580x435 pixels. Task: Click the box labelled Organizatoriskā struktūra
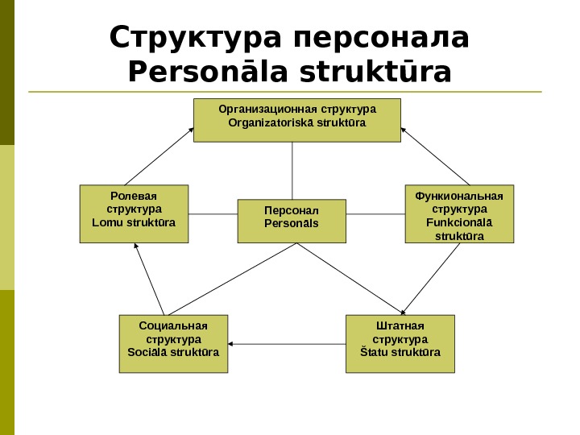click(296, 120)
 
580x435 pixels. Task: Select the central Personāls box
click(292, 221)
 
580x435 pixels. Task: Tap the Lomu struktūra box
click(134, 213)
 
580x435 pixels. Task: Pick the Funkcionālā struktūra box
click(458, 213)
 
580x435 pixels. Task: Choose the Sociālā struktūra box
click(173, 344)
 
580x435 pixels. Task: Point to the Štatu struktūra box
click(400, 344)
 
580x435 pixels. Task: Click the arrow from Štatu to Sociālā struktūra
click(287, 345)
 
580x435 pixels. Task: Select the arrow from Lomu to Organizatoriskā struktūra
click(159, 155)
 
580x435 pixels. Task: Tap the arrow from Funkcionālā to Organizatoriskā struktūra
click(436, 155)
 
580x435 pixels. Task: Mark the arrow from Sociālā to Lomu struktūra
click(150, 279)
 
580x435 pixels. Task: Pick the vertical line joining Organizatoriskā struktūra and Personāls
click(292, 170)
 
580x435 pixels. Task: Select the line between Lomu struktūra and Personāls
click(213, 214)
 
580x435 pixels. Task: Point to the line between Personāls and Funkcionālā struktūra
click(375, 214)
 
